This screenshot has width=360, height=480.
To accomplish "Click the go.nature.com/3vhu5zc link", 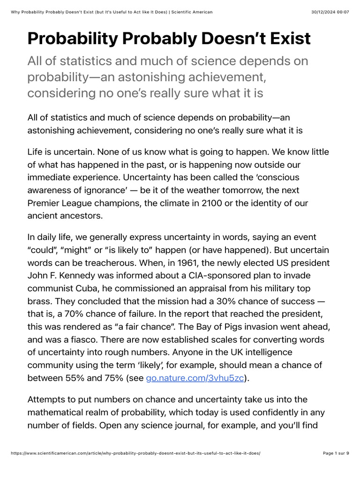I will (x=195, y=378).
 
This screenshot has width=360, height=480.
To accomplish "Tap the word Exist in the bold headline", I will (x=283, y=38).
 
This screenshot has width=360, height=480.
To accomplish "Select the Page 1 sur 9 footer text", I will (x=336, y=453).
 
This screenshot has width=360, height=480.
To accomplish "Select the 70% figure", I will (x=77, y=314).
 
